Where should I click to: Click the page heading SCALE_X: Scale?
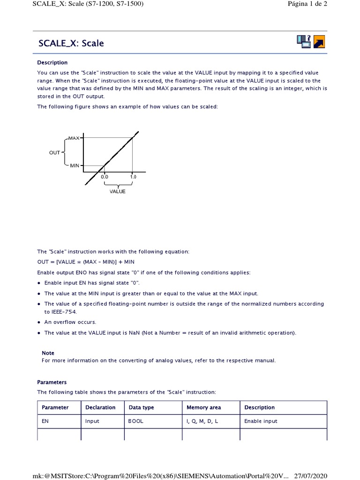coord(71,44)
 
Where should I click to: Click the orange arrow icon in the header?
coord(319,42)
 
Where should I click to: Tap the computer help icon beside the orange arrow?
coord(304,41)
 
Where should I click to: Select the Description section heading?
coord(52,62)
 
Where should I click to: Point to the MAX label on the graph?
coord(74,138)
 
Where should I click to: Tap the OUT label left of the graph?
coord(55,152)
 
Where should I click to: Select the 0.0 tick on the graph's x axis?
coord(104,177)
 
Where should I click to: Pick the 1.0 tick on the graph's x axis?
coord(133,177)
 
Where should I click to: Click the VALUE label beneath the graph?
coord(118,191)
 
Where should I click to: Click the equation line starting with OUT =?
coord(86,262)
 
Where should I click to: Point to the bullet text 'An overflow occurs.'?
coord(70,322)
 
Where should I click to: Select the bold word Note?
coord(48,353)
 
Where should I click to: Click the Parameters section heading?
coord(52,382)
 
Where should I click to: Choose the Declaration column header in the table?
coord(100,407)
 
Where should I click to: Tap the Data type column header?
coord(141,407)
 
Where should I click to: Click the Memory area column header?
coord(203,407)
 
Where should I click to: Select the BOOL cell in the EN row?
coord(136,421)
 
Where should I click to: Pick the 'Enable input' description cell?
coord(261,421)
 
